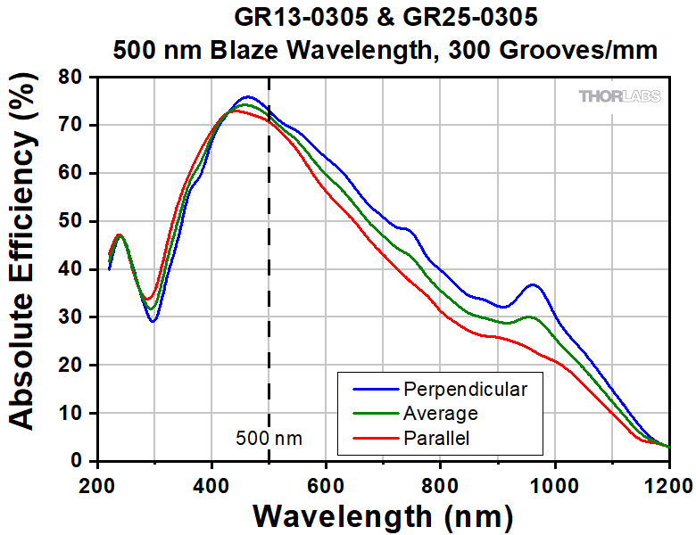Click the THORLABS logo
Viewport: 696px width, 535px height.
[x=620, y=96]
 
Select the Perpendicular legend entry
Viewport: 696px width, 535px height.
[x=465, y=389]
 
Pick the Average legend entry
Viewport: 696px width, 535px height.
[x=440, y=413]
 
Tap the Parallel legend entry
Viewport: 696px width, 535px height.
[x=437, y=437]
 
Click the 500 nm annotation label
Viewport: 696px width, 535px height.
[x=269, y=438]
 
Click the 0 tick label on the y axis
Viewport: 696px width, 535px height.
[x=82, y=462]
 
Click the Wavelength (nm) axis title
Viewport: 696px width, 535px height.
[x=383, y=515]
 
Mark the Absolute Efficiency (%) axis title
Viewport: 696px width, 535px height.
[x=24, y=270]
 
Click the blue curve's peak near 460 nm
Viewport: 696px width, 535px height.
[x=247, y=96]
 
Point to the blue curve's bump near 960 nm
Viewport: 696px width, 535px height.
[x=534, y=285]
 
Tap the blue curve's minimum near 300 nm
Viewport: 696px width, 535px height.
[x=153, y=321]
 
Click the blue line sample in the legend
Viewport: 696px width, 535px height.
[x=369, y=389]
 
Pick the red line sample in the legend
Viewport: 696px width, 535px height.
[x=369, y=437]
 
